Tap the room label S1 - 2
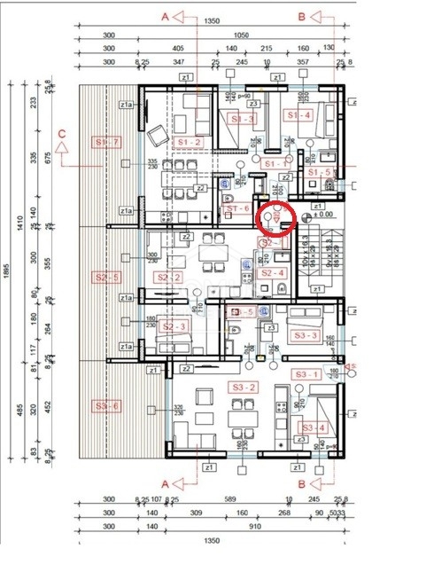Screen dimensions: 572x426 (x=190, y=141)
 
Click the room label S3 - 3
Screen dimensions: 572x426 (x=303, y=335)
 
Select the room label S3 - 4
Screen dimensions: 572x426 (x=314, y=427)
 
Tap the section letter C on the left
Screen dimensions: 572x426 (x=62, y=134)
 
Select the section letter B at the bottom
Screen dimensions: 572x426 (x=302, y=484)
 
